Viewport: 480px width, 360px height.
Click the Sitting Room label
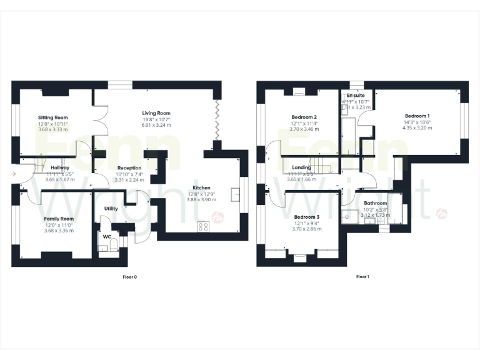tap(52, 117)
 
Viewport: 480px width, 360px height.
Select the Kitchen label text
tap(201, 187)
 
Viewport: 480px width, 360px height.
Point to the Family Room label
tap(59, 218)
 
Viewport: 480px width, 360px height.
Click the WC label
tap(107, 236)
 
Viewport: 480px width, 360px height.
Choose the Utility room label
tap(111, 209)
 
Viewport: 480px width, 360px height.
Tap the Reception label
tap(129, 167)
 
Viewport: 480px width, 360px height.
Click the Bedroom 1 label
tap(417, 116)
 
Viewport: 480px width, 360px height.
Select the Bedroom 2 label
tap(304, 117)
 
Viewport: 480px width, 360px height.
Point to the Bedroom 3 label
tap(307, 217)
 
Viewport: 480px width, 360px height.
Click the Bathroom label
tap(376, 203)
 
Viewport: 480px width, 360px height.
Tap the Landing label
tap(302, 167)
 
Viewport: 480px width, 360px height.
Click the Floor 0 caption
tap(131, 276)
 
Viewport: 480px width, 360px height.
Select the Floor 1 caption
tap(362, 276)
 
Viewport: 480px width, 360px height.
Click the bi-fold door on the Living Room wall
tap(217, 120)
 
